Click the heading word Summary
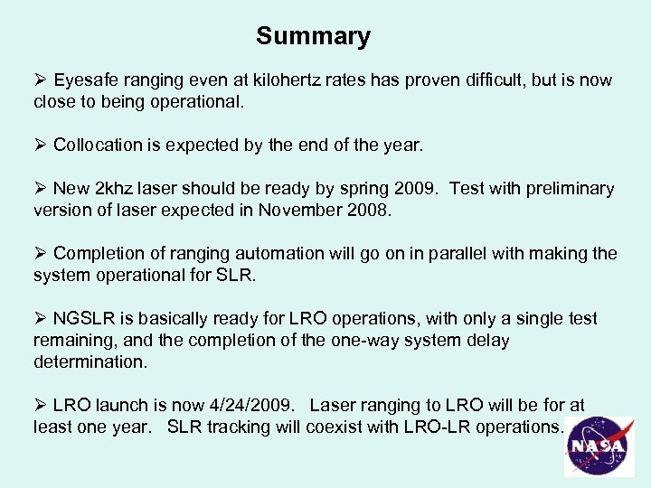point(313,36)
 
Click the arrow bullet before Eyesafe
point(40,80)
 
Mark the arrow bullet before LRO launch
point(40,406)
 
